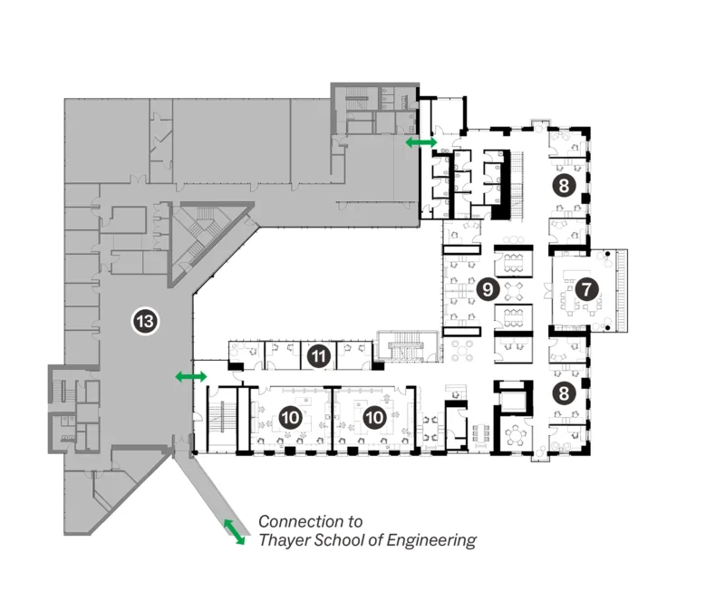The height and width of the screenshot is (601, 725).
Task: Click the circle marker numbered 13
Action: tap(145, 321)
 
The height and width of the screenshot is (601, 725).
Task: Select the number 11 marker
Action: tap(318, 355)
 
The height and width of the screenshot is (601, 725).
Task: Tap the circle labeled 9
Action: tap(488, 289)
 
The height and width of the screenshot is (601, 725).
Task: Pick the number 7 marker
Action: tap(586, 290)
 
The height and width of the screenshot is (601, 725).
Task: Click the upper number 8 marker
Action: tap(563, 188)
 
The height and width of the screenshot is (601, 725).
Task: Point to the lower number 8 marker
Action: tap(563, 394)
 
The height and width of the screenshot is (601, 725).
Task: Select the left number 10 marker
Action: tap(290, 417)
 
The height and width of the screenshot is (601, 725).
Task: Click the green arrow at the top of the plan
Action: tap(420, 143)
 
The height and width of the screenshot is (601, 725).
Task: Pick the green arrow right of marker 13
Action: tap(190, 376)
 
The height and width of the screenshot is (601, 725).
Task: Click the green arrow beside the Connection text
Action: tap(234, 532)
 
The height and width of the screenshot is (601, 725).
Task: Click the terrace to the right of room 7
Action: tap(620, 289)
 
